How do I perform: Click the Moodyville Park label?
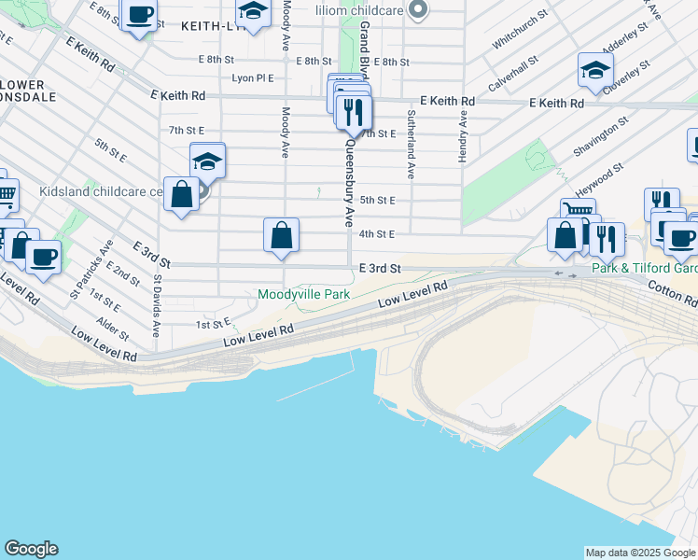point(304,295)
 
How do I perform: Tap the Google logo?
point(31,549)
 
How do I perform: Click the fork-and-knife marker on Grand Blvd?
point(354,114)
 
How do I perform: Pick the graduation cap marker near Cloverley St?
point(595,70)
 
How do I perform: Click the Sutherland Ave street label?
point(410,144)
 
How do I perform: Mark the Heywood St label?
point(600,175)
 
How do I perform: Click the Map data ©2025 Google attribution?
point(640,553)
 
